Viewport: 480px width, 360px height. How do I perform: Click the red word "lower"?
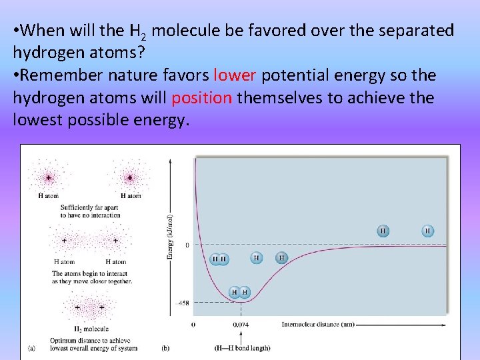(x=235, y=75)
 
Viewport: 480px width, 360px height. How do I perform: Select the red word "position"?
(x=202, y=98)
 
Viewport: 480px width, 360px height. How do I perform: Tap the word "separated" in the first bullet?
(x=412, y=31)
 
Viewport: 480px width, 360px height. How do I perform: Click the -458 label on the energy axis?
(x=181, y=303)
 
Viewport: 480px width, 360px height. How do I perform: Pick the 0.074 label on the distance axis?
(x=241, y=325)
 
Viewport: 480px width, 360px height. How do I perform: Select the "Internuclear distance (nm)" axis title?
(x=317, y=325)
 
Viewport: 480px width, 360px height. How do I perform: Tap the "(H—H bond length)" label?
(x=242, y=347)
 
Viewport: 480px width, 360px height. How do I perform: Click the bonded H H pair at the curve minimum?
(x=239, y=292)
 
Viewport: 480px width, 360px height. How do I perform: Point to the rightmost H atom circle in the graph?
(x=428, y=231)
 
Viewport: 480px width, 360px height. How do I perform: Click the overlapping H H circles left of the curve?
(x=219, y=259)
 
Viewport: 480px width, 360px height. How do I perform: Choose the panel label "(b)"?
(x=165, y=347)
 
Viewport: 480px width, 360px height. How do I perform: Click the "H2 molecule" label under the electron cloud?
(x=91, y=329)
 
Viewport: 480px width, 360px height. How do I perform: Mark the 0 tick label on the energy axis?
(x=187, y=245)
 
